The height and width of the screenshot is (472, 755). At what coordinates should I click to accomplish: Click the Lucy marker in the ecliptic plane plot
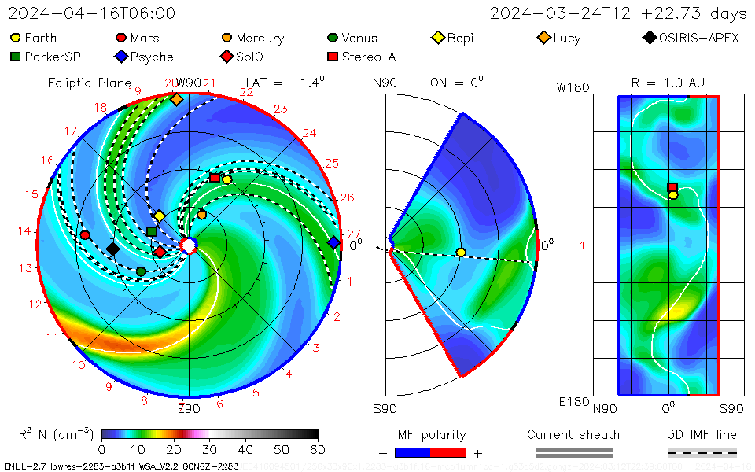click(176, 100)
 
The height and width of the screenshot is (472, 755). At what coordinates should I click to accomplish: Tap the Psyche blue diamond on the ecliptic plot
click(333, 242)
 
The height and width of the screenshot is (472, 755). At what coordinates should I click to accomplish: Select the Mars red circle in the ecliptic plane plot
click(85, 235)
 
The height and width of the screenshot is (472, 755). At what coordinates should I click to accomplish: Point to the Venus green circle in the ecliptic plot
click(141, 271)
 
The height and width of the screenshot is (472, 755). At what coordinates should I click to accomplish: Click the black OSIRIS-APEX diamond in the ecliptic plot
click(112, 249)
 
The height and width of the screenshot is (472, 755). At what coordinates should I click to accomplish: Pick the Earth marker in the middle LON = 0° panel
click(461, 252)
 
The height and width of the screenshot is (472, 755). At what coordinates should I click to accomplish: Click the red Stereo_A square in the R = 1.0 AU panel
click(672, 187)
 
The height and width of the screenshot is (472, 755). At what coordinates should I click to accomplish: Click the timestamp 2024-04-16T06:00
click(92, 13)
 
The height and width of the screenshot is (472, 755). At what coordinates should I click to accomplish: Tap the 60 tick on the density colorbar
click(318, 449)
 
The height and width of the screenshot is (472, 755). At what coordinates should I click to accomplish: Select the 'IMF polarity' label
click(430, 434)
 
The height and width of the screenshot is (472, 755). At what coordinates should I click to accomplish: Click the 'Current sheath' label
click(573, 434)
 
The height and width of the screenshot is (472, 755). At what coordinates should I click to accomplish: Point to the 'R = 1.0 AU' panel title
click(668, 83)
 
